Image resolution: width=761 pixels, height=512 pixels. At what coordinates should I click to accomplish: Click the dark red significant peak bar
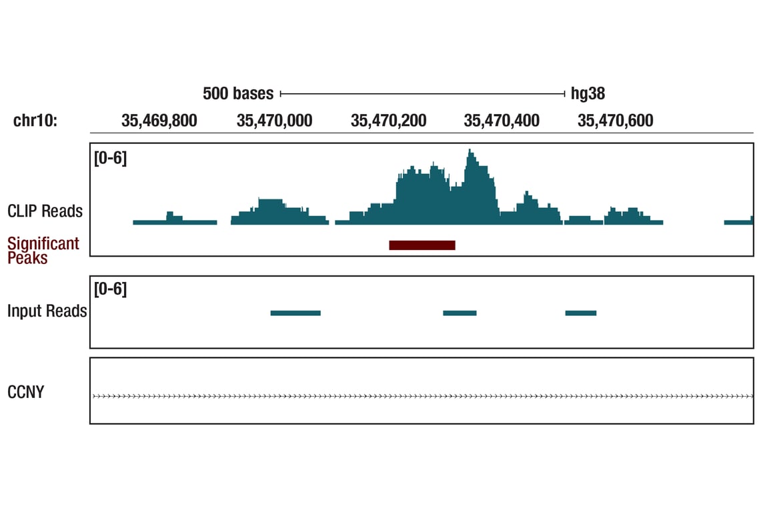422,245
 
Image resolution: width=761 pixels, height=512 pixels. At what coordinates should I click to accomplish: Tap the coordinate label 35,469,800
159,121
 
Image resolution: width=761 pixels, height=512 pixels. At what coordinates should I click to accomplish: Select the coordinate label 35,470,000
274,121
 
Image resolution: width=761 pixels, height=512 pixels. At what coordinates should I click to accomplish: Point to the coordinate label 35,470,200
388,121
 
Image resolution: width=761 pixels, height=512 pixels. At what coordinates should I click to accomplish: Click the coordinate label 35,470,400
502,121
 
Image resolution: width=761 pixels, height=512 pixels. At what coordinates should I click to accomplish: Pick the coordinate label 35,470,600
616,121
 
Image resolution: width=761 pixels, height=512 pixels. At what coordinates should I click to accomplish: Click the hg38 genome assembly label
588,93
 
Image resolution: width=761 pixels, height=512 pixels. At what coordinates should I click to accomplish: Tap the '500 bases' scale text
238,93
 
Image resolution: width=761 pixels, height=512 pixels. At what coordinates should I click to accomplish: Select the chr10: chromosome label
35,121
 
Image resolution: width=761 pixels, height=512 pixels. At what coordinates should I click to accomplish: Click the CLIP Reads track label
45,211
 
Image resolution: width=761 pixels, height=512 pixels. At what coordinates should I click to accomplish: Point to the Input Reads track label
47,311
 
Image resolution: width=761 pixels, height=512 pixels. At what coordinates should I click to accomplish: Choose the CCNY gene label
25,392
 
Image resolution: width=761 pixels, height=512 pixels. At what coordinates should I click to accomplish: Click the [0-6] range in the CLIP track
110,159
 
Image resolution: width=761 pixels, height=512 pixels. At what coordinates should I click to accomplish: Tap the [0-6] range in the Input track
110,289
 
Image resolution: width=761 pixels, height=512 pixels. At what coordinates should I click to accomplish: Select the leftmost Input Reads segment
295,313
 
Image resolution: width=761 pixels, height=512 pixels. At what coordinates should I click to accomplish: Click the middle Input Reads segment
460,313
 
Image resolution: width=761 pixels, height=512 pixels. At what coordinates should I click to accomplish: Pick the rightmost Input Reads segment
581,313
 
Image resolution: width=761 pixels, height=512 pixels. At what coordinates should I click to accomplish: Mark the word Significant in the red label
43,243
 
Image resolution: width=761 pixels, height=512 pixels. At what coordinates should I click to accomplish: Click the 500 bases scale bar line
423,93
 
